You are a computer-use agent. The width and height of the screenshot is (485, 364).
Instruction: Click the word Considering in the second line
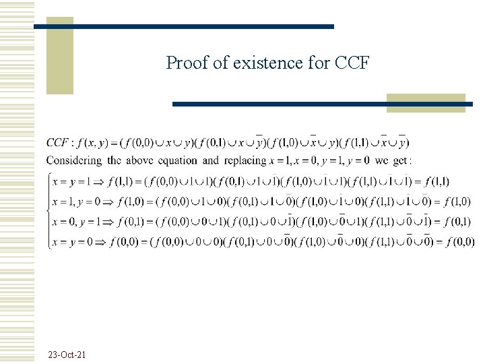74,160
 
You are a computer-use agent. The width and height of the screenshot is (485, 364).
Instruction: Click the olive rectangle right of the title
426,102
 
